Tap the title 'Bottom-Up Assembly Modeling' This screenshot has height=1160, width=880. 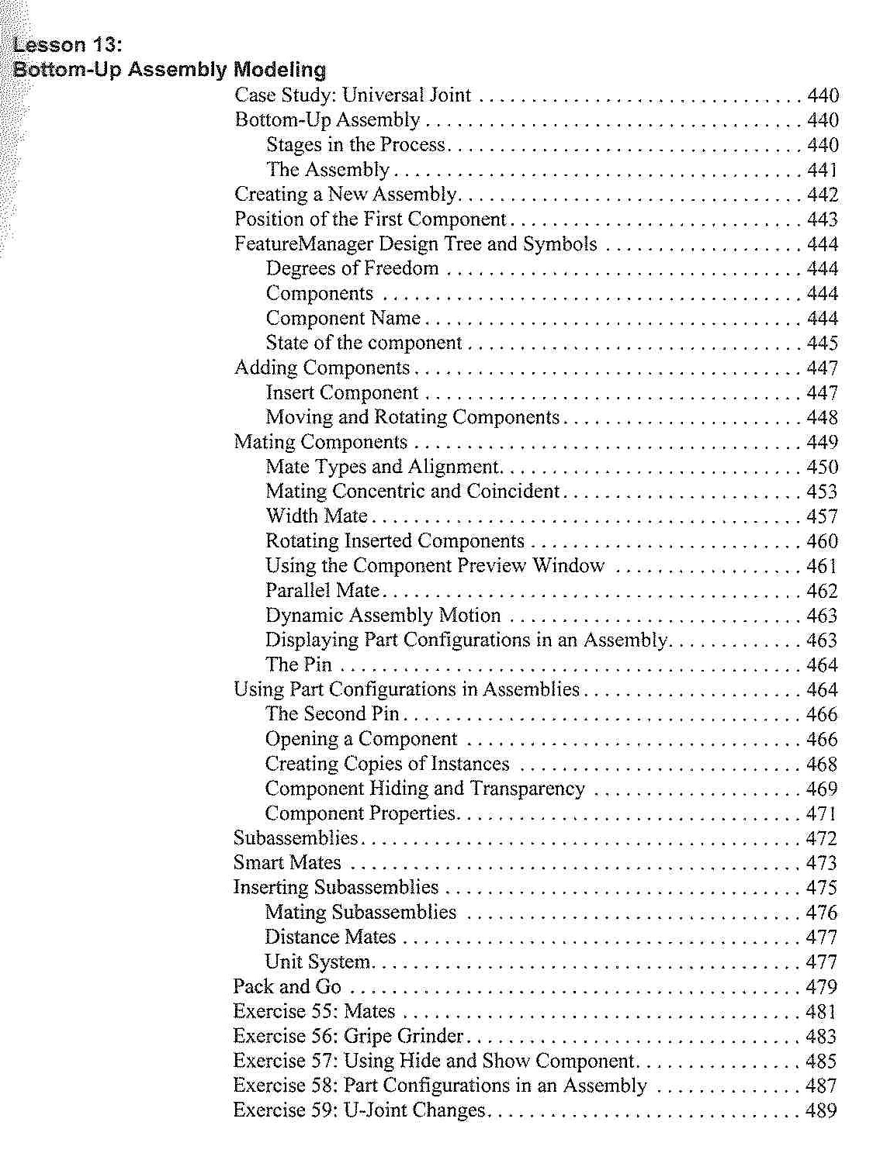[x=169, y=70]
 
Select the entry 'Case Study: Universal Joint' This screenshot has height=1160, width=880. [x=352, y=95]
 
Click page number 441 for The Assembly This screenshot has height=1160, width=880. [x=822, y=170]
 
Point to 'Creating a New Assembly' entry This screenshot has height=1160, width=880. [x=345, y=195]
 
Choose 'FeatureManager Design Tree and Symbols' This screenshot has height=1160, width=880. [x=415, y=244]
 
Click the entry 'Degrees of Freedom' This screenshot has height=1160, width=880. [x=352, y=269]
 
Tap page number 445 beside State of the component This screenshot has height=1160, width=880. [x=822, y=343]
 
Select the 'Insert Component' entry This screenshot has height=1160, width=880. [x=341, y=393]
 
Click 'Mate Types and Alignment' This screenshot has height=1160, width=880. [x=382, y=467]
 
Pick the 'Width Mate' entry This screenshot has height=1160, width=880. [x=316, y=516]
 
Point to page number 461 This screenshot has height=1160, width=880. [x=822, y=566]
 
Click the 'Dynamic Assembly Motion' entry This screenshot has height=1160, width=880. [x=383, y=616]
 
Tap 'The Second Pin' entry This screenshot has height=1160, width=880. [x=331, y=714]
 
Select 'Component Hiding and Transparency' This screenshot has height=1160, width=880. [x=424, y=789]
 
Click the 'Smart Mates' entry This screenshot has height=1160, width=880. [x=287, y=863]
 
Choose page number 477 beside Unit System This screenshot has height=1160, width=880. [x=822, y=962]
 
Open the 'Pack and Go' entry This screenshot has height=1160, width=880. [x=287, y=987]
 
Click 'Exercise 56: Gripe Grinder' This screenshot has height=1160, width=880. [x=348, y=1037]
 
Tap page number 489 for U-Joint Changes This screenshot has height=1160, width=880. [x=822, y=1110]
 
